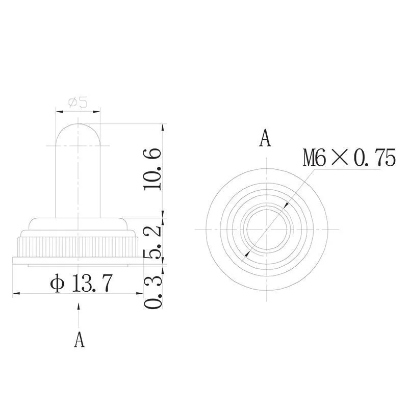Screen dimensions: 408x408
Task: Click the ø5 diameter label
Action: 78,103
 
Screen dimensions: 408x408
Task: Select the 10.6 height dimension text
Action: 152,169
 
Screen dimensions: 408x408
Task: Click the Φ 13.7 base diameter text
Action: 82,283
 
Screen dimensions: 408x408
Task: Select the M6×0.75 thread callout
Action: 349,158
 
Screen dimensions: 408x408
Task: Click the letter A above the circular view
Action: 265,138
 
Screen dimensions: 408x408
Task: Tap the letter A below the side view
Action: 79,339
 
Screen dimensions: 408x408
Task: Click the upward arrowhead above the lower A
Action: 79,307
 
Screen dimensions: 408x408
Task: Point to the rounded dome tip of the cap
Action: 78,124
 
